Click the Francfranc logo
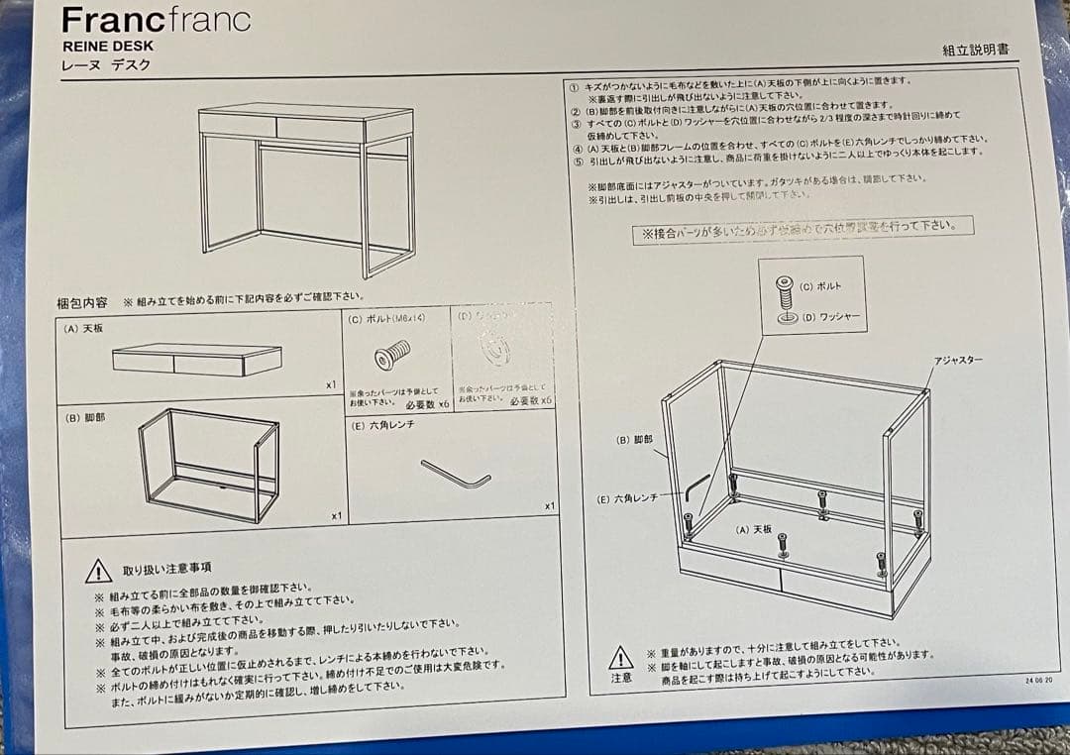tap(156, 20)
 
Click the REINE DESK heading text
tap(107, 46)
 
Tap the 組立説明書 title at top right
tap(976, 50)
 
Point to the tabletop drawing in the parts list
tap(196, 360)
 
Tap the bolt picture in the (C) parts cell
tap(391, 355)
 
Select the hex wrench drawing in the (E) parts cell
tap(455, 474)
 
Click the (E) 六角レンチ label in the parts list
tap(382, 424)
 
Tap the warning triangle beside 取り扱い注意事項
tap(98, 571)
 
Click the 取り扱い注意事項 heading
tap(165, 569)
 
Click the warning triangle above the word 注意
tap(620, 657)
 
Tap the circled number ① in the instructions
tap(573, 85)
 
